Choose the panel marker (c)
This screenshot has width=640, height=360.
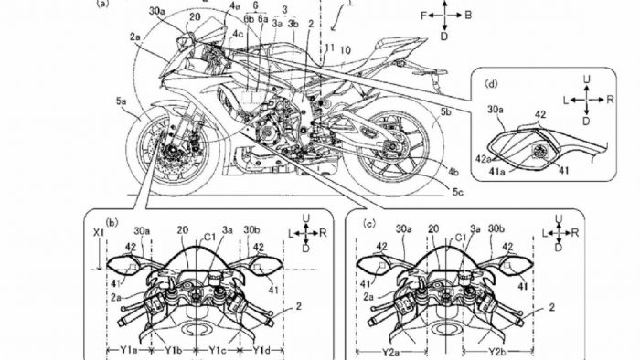pyautogui.click(x=368, y=222)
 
